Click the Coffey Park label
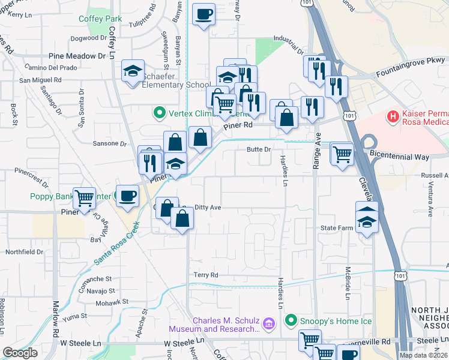[100, 19]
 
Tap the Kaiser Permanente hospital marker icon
[393, 115]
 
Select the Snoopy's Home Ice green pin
[291, 320]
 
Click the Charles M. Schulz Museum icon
[268, 325]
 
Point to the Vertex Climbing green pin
[159, 112]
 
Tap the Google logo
[20, 353]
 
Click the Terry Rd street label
[205, 275]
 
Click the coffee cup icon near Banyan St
[204, 14]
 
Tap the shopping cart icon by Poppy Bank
[84, 197]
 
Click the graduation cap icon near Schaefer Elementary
[133, 71]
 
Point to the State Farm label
[336, 228]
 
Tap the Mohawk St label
[99, 302]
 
